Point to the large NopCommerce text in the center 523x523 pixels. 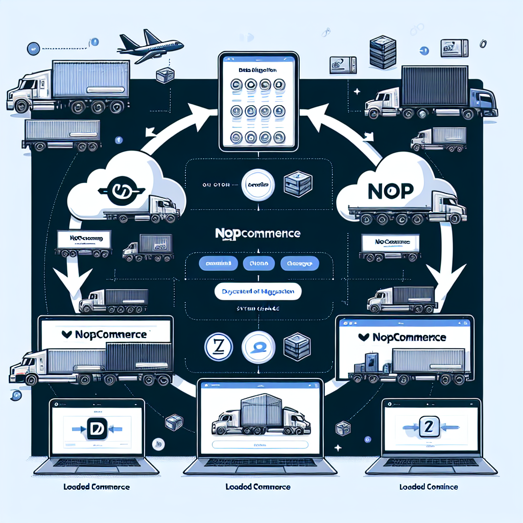coord(257,233)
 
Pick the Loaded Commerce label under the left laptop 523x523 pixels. coord(97,487)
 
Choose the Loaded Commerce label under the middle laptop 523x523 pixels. coord(258,487)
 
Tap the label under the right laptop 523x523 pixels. coord(429,486)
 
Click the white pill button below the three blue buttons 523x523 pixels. coord(257,292)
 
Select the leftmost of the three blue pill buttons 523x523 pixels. coord(218,264)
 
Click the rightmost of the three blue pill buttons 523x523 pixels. coord(300,264)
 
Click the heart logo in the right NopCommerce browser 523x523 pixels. coord(364,337)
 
